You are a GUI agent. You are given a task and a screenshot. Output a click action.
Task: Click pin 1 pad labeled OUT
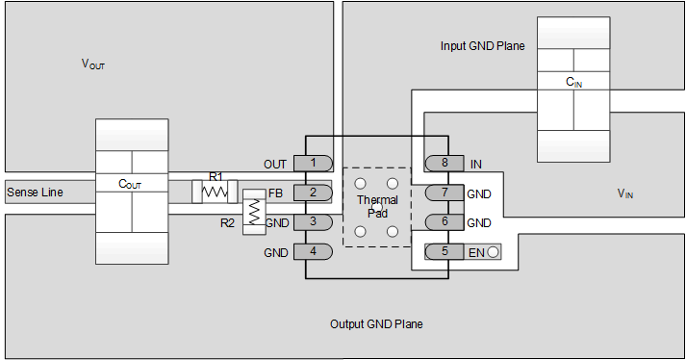tap(313, 164)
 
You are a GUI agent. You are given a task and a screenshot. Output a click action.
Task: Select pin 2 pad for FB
tap(313, 193)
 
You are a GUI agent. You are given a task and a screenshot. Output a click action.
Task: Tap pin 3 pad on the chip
tap(313, 222)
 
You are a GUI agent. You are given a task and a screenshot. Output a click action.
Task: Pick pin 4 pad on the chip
tap(313, 252)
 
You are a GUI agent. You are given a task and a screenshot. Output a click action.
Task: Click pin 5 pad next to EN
tap(445, 252)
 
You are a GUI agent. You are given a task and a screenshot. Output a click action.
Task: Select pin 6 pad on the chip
tap(445, 222)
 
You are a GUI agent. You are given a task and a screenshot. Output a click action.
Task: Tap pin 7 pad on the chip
tap(445, 193)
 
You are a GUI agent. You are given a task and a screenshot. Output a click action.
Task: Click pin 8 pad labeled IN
tap(445, 164)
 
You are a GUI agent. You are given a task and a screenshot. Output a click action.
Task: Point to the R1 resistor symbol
tap(214, 192)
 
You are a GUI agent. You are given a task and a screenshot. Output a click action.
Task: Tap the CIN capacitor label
tap(573, 84)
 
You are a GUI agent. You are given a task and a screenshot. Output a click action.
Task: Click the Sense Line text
tap(35, 193)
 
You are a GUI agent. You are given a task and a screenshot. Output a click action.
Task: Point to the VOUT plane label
tap(93, 64)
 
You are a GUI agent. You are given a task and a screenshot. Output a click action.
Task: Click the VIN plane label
tap(625, 193)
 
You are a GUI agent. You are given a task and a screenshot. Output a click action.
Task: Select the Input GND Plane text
tap(482, 46)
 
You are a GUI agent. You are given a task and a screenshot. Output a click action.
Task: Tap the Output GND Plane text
tap(376, 324)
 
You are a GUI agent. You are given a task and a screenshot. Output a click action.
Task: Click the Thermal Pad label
tap(376, 206)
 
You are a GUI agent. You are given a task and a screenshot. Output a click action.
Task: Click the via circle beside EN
tap(494, 252)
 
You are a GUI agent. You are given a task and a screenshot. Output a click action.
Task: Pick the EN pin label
tap(476, 252)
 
